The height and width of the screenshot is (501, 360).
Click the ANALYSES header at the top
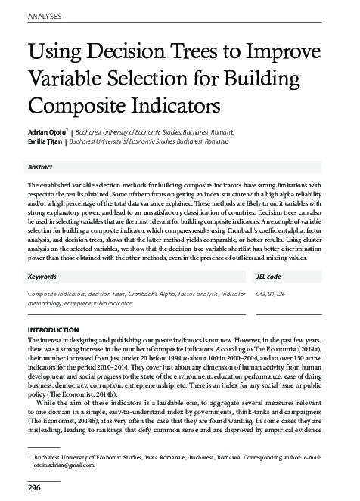pos(45,15)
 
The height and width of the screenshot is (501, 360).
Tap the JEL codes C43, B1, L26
pos(271,292)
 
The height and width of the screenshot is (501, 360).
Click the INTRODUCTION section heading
pos(59,331)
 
